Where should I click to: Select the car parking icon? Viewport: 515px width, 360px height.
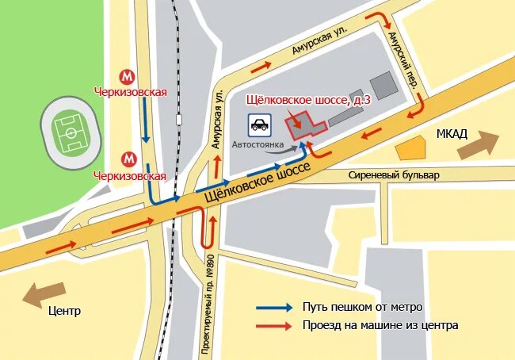point(259,124)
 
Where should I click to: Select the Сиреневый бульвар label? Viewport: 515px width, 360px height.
point(393,174)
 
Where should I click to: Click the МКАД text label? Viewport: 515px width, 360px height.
point(452,133)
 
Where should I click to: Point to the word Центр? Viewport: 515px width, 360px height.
point(64,311)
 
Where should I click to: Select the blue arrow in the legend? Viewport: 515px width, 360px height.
point(274,308)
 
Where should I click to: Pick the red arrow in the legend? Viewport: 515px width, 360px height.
point(274,325)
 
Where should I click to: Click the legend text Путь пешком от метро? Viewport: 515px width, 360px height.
point(362,308)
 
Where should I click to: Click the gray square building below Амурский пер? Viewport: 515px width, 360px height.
point(382,86)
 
